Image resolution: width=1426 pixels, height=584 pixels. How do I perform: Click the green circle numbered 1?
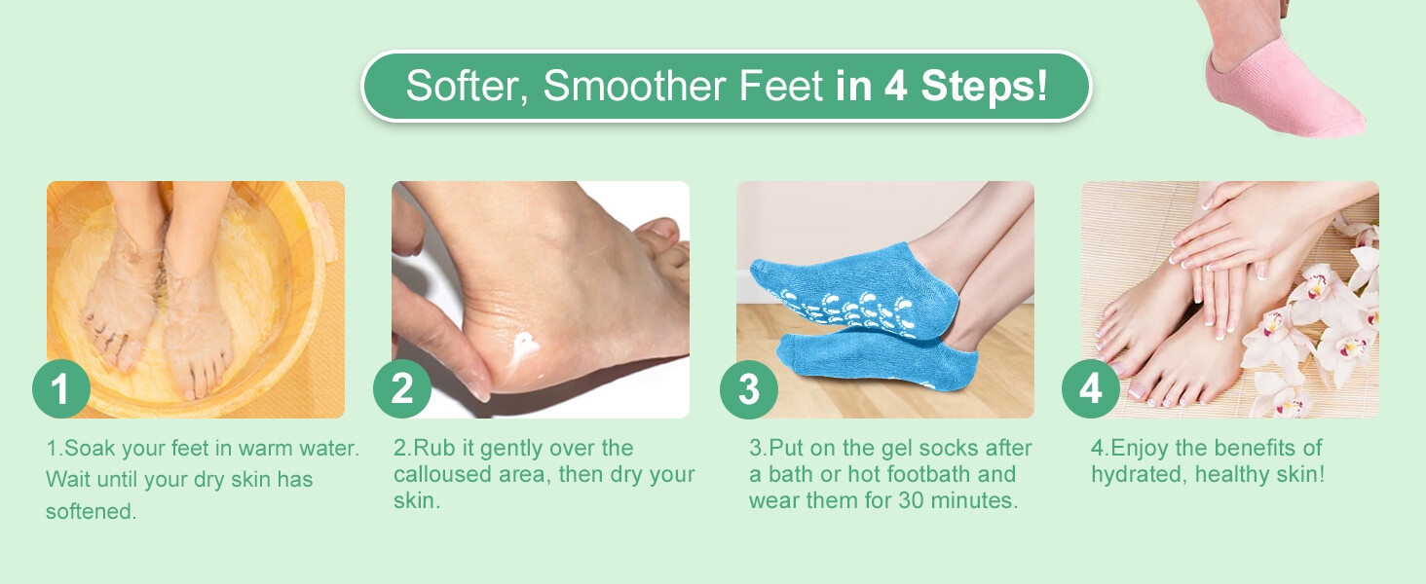click(61, 389)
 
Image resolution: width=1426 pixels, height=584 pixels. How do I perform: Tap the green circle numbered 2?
click(402, 389)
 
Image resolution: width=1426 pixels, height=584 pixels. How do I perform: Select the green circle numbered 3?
click(748, 389)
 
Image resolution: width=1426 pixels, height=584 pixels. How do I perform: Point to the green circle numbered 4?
click(1091, 389)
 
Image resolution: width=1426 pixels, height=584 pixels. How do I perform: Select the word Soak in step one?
click(91, 449)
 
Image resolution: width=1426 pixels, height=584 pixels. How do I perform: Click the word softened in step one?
click(91, 511)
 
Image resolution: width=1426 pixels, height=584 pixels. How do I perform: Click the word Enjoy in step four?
click(1141, 449)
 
